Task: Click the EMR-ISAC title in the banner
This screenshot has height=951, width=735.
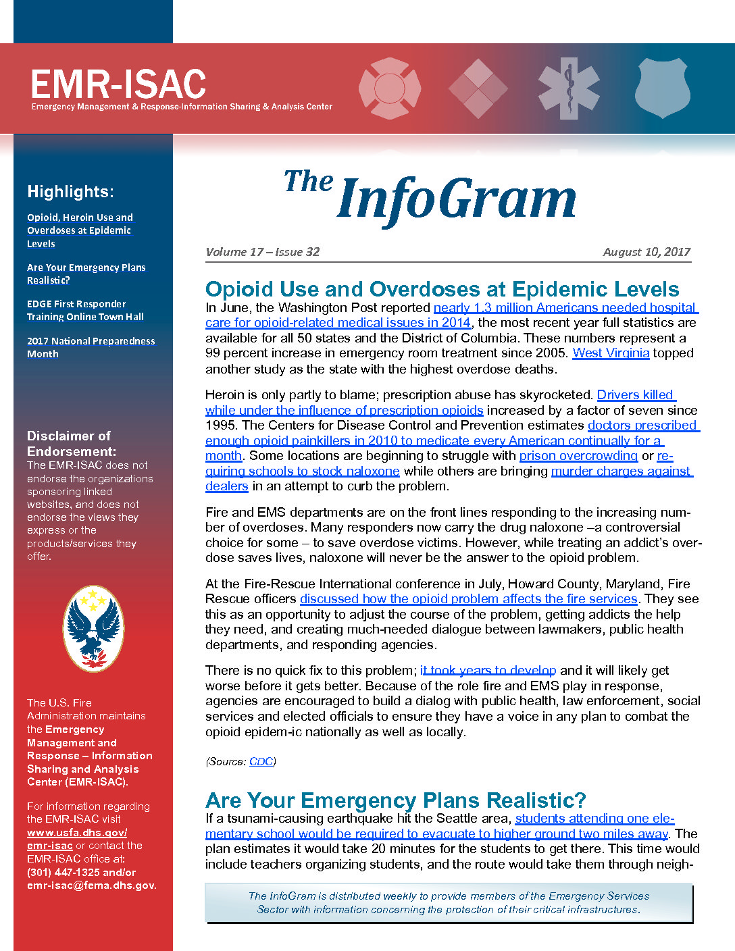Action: [118, 84]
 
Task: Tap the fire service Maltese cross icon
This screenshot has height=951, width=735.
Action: [390, 88]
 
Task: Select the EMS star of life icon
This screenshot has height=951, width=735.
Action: [569, 88]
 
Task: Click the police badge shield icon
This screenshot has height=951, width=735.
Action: [662, 88]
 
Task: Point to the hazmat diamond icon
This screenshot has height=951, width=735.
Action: [478, 88]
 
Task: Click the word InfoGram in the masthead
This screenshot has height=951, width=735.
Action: [457, 199]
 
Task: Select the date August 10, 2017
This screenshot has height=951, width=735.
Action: [647, 252]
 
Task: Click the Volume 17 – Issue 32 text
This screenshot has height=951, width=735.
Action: [262, 252]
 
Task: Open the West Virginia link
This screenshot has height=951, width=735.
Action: [611, 353]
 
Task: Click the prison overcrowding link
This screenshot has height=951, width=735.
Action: [578, 456]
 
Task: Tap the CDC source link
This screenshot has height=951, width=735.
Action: [261, 762]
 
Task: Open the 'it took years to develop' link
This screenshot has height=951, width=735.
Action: [488, 671]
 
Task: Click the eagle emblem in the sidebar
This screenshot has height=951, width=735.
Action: [93, 628]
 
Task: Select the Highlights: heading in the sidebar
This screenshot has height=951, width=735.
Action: [70, 192]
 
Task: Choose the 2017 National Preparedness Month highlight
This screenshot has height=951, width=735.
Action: [91, 347]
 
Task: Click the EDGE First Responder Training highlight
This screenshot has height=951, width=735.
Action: [85, 310]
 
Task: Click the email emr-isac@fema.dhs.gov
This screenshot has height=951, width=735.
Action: [91, 885]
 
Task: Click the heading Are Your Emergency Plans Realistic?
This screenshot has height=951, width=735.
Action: [396, 800]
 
